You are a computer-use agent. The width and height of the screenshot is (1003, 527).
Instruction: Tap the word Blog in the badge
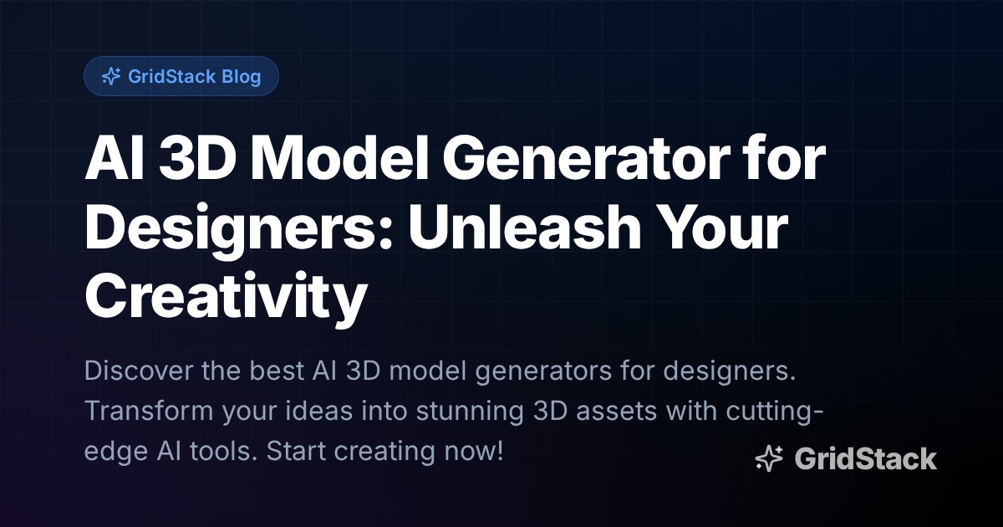(x=242, y=77)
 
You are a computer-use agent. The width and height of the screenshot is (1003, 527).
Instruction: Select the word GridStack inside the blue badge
(x=172, y=77)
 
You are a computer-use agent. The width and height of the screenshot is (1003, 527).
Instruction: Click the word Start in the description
(x=298, y=453)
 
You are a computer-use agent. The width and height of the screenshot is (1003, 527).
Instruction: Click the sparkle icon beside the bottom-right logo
(x=769, y=458)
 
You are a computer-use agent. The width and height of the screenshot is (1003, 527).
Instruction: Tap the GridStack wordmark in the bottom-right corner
(x=865, y=458)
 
